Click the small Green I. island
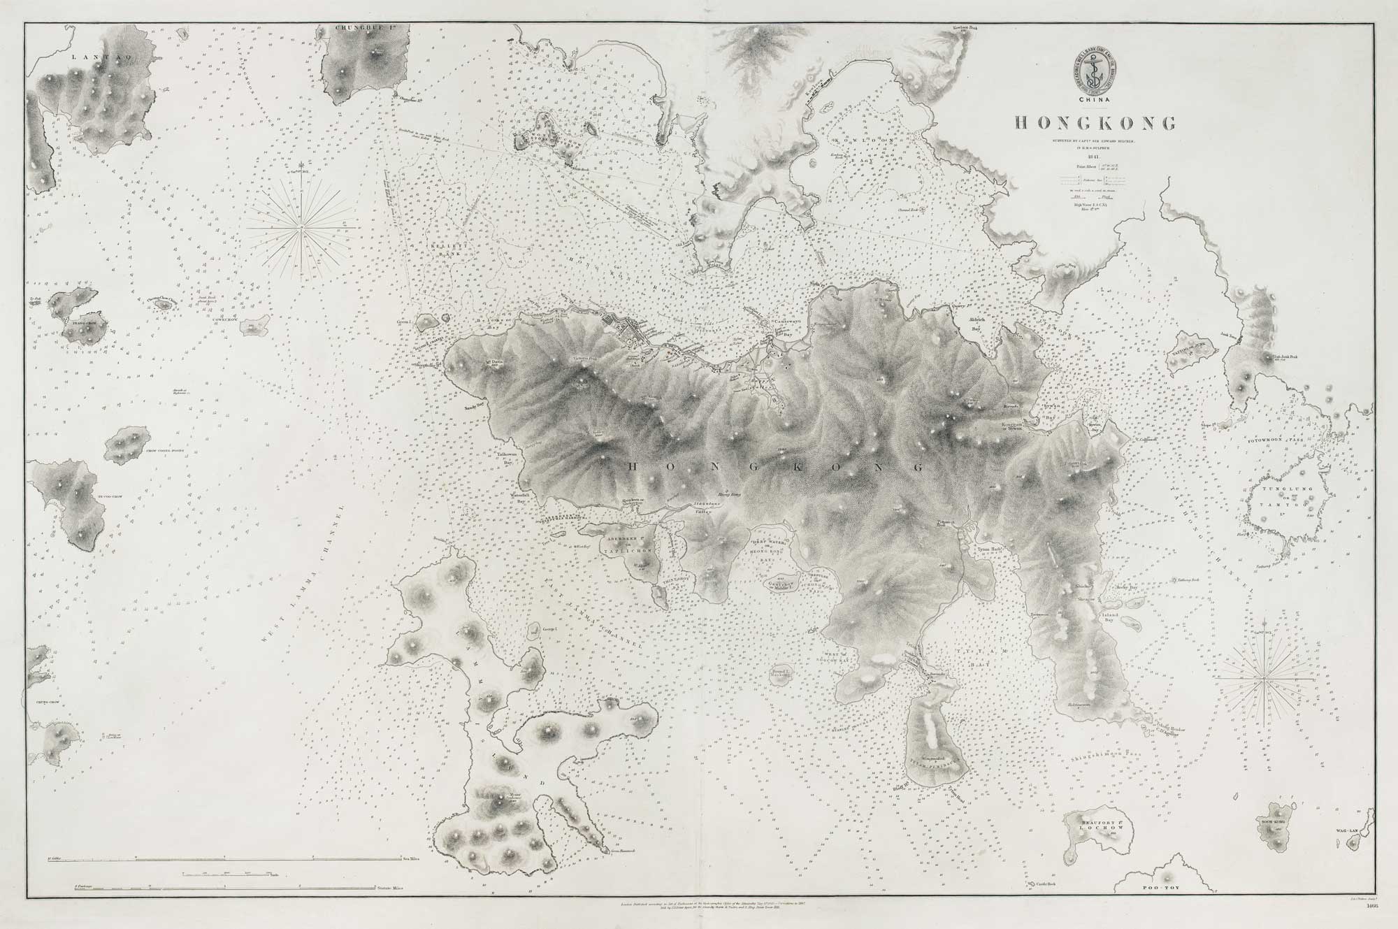[424, 323]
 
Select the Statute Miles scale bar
[210, 887]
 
